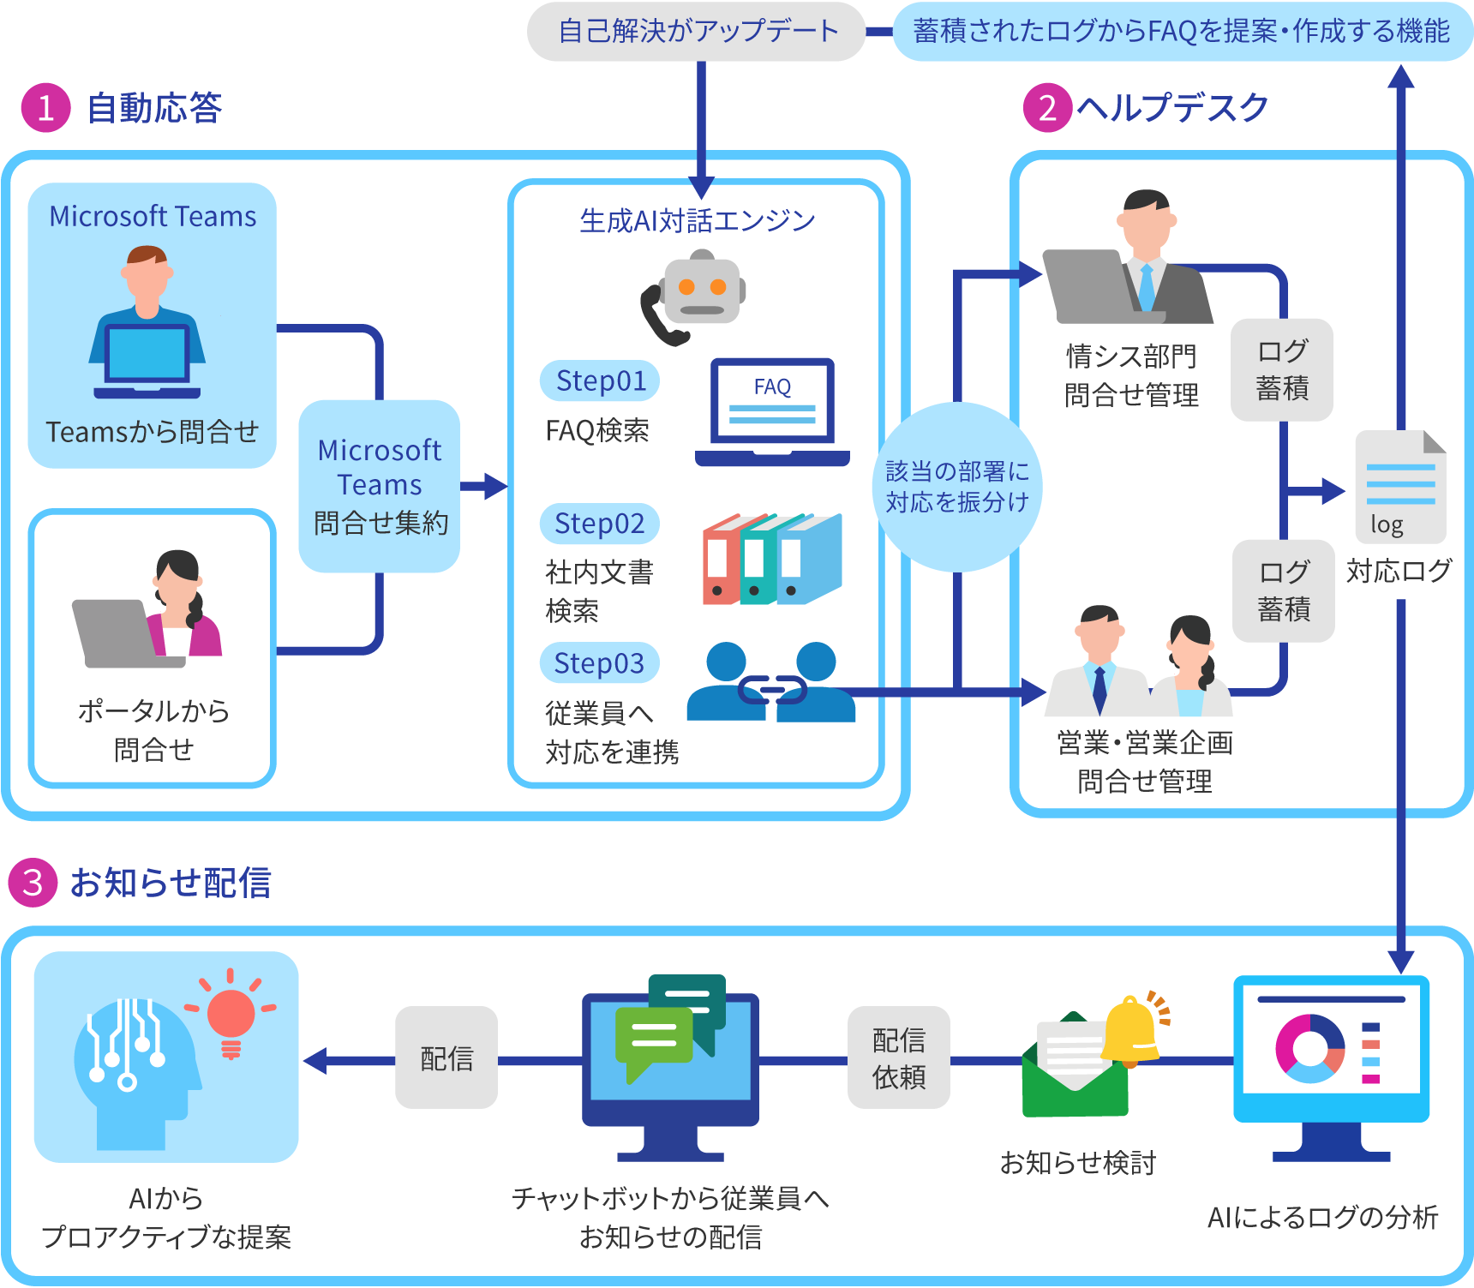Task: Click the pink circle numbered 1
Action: [x=46, y=108]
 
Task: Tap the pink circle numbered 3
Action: [x=33, y=882]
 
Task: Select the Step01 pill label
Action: [x=600, y=380]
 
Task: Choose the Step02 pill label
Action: [x=600, y=523]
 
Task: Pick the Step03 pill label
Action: [x=600, y=662]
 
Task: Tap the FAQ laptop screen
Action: [x=772, y=401]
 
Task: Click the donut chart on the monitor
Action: [x=1309, y=1049]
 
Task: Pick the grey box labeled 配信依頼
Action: [x=899, y=1057]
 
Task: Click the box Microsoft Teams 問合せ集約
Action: [x=380, y=486]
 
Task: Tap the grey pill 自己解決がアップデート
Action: [x=697, y=32]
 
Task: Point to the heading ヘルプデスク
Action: [x=1172, y=108]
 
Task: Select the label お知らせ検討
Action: [x=1078, y=1163]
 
